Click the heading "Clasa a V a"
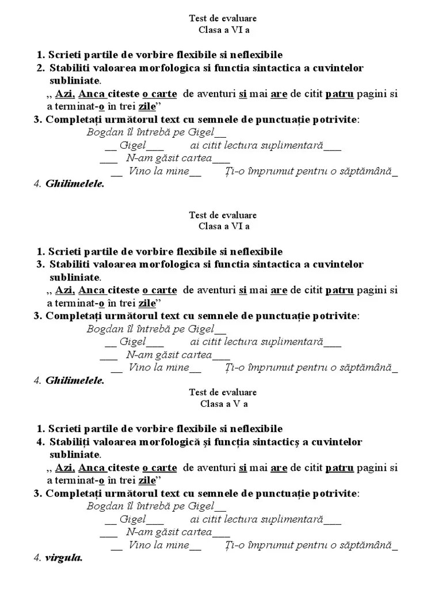coord(224,404)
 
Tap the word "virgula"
coord(64,558)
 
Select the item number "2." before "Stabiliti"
coord(40,68)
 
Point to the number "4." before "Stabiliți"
coord(40,442)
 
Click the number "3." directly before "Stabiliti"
coord(40,264)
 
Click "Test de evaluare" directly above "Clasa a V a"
coord(223,392)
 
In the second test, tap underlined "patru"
coord(339,290)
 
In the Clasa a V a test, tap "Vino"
coord(140,544)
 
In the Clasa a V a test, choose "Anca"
coord(91,467)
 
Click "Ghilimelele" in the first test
coord(75,184)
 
